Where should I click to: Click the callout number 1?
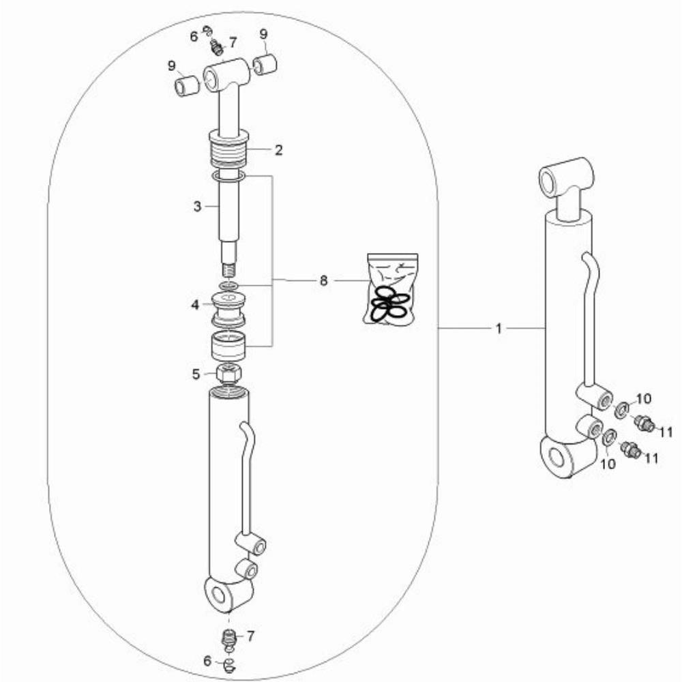coord(499,329)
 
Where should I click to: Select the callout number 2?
coord(278,150)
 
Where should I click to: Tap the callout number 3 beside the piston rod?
coord(198,206)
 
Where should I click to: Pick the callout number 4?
coord(195,305)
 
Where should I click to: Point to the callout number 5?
coord(196,374)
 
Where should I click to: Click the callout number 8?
coord(323,281)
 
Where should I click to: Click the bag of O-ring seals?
coord(390,288)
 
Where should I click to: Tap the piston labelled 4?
coord(228,310)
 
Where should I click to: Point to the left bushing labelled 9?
coord(187,85)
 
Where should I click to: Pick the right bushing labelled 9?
coord(265,65)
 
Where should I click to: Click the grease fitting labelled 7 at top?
coord(216,48)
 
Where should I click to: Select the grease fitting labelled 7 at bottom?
coord(228,638)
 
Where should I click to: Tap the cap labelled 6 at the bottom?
coord(228,664)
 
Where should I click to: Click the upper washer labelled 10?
coord(621,409)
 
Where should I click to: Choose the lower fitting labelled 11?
coord(629,449)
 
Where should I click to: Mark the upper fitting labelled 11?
coord(644,422)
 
